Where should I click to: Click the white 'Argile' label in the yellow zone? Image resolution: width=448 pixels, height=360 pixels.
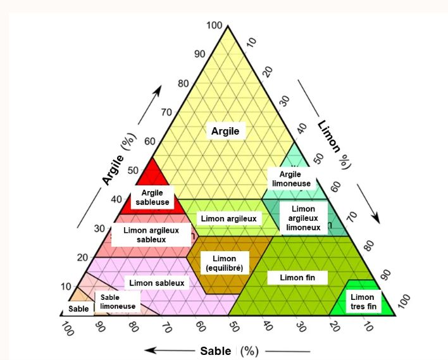[x=225, y=131]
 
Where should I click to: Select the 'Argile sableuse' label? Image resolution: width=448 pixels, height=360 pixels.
[x=152, y=197]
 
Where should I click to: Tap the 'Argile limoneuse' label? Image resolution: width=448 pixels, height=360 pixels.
[x=291, y=179]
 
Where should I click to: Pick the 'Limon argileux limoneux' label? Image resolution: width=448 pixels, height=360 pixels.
[x=303, y=218]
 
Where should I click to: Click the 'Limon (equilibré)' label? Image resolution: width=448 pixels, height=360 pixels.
[x=224, y=263]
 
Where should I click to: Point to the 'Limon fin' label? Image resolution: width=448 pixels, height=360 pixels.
[x=297, y=277]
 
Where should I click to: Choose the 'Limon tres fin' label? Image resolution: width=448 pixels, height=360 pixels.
[x=363, y=302]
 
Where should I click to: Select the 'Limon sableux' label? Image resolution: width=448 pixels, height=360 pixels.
[x=157, y=283]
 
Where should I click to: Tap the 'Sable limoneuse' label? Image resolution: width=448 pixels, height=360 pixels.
[x=118, y=302]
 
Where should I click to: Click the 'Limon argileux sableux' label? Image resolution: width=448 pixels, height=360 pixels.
[x=151, y=235]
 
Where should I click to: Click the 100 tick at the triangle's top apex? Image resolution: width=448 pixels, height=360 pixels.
[x=215, y=25]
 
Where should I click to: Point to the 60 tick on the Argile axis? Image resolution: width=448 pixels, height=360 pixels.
[x=150, y=141]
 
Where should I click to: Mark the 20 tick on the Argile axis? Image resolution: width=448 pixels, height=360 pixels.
[x=82, y=258]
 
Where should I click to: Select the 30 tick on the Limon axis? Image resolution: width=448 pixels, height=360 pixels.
[x=284, y=101]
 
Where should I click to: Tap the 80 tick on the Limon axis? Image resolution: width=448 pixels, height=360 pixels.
[x=369, y=245]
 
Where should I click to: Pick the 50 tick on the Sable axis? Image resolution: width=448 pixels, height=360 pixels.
[x=234, y=326]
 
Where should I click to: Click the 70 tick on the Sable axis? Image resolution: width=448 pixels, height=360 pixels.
[x=166, y=327]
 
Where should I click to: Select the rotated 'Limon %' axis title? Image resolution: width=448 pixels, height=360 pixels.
[x=334, y=144]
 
